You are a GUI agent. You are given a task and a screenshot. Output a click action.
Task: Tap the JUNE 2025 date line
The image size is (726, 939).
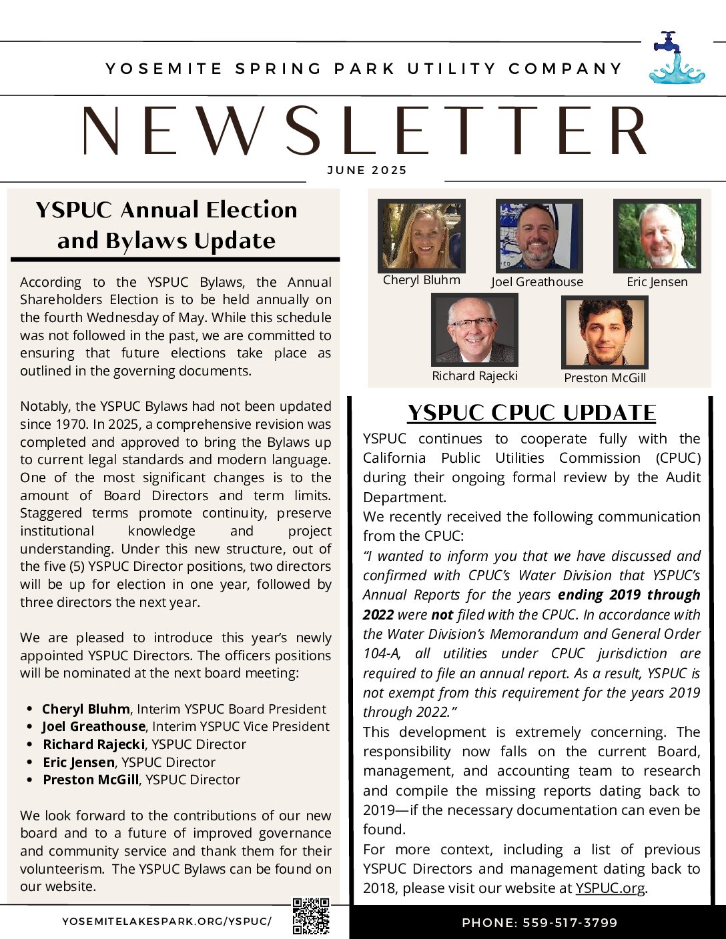click(367, 170)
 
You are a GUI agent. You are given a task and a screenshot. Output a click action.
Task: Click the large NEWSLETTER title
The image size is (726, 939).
click(365, 131)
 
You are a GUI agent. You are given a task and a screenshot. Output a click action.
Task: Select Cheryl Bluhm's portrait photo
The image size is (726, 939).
click(421, 236)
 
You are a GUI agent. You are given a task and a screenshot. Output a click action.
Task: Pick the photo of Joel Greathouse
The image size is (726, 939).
click(538, 236)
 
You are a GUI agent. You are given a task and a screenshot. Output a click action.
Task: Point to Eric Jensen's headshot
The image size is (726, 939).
click(657, 236)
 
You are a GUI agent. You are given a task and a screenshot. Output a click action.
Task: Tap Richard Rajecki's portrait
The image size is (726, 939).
click(474, 330)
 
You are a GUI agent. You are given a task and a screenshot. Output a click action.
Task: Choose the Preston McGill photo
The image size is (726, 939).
click(605, 332)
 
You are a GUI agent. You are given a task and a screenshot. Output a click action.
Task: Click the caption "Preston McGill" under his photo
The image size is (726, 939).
click(605, 378)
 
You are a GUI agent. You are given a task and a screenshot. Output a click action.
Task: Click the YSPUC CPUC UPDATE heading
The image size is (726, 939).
click(532, 413)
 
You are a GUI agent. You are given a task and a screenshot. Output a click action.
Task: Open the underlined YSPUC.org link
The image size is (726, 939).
click(610, 888)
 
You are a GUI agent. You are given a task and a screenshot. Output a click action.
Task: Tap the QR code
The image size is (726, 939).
click(311, 916)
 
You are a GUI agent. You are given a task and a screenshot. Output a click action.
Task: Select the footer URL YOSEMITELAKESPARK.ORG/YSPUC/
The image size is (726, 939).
click(167, 922)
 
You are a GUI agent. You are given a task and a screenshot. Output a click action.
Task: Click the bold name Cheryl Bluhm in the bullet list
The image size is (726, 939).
click(85, 709)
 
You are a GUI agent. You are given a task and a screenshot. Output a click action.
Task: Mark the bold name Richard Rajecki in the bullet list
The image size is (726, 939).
click(94, 744)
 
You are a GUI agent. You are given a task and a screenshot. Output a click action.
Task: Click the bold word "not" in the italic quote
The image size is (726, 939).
click(442, 615)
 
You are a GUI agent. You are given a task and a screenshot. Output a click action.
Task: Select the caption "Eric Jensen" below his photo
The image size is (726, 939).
click(657, 282)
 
